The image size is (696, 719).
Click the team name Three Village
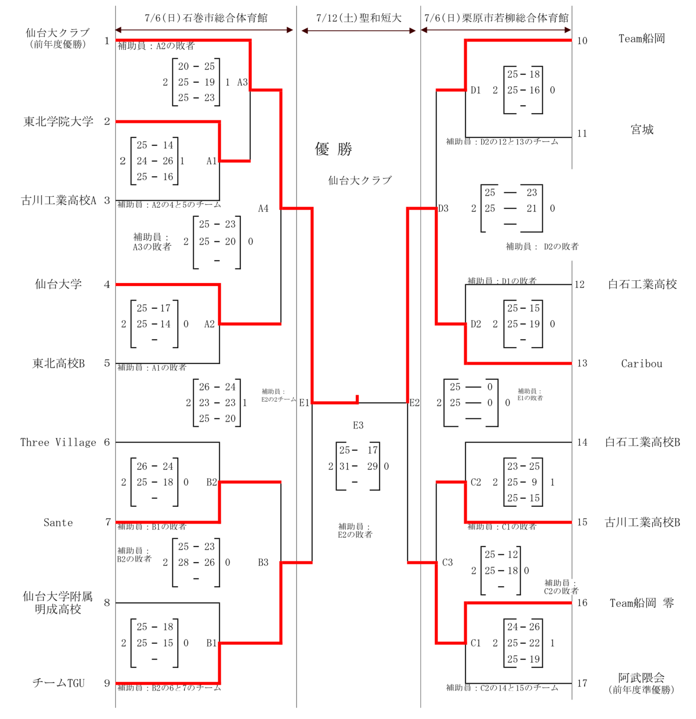point(58,442)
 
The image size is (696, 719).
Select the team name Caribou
point(641,363)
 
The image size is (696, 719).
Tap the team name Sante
point(58,522)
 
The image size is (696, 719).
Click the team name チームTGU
point(58,683)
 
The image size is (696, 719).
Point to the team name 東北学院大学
point(58,121)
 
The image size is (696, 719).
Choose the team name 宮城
point(642,130)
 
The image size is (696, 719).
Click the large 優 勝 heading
point(333,149)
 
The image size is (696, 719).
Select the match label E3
point(358,426)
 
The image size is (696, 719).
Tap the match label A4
point(263,208)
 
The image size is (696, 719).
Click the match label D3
point(443,208)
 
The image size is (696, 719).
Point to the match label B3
point(263,562)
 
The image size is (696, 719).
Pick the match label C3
point(447,562)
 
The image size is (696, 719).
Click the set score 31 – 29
point(358,466)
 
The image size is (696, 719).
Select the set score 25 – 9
point(523,482)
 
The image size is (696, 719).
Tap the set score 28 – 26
point(196,562)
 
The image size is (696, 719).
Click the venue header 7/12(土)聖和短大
point(359,18)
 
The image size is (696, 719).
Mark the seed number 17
point(582,683)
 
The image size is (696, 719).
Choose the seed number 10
point(582,41)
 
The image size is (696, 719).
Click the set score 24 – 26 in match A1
point(154,161)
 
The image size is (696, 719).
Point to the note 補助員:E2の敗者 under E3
point(355,530)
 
